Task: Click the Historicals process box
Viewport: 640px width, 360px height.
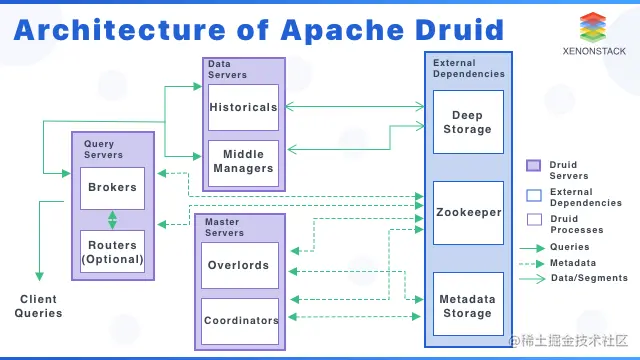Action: click(x=243, y=107)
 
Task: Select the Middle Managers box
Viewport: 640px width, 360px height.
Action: click(x=243, y=162)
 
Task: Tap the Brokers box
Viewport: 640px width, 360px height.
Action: click(x=112, y=188)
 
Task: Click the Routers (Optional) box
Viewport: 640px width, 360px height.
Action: click(x=112, y=253)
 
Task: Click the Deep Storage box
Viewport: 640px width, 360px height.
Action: click(x=467, y=122)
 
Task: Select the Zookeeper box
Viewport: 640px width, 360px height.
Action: click(x=467, y=212)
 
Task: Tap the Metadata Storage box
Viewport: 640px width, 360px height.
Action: click(x=467, y=305)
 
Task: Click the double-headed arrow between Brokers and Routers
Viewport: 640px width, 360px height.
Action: click(x=112, y=220)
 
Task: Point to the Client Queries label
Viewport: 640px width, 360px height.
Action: click(x=38, y=306)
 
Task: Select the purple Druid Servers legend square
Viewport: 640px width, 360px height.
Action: click(x=533, y=165)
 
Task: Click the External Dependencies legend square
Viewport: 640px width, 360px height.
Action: click(x=533, y=192)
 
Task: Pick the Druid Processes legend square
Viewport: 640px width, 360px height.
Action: click(x=533, y=219)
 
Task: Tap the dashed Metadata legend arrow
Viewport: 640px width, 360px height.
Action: click(x=533, y=263)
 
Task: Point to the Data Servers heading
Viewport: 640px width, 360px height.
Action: click(x=227, y=69)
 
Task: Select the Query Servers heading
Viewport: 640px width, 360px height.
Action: click(x=104, y=150)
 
